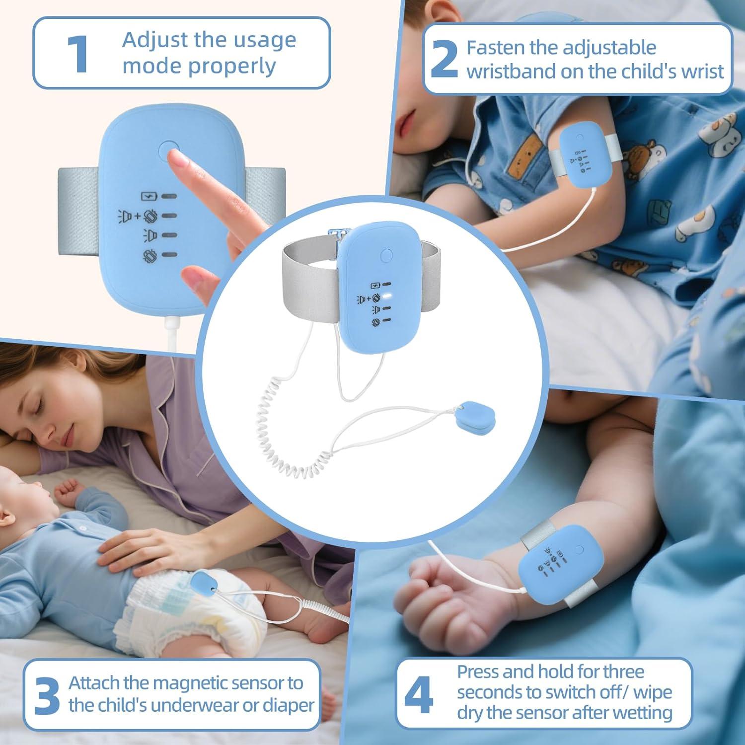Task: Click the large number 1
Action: (77, 54)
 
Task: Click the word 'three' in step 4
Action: (623, 671)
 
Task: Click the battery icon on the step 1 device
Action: (148, 196)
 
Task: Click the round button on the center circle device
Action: (386, 256)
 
